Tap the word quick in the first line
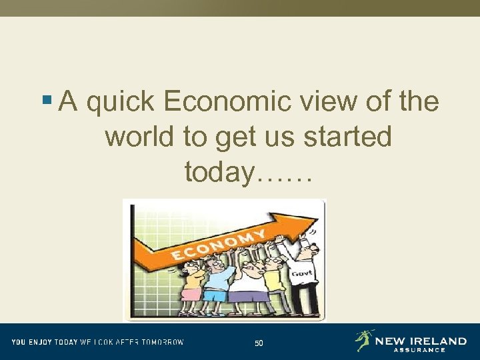[x=121, y=102]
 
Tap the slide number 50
[x=259, y=343]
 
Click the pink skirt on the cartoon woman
[x=192, y=294]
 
